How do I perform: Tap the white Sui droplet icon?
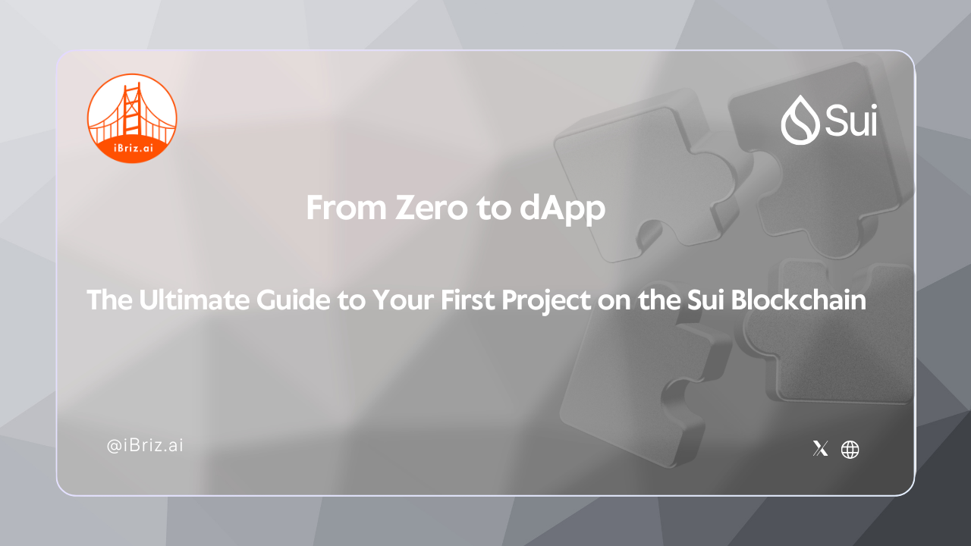800,120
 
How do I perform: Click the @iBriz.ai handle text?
145,446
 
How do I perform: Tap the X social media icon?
820,449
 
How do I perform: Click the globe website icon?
850,449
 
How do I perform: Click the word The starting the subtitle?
108,301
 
